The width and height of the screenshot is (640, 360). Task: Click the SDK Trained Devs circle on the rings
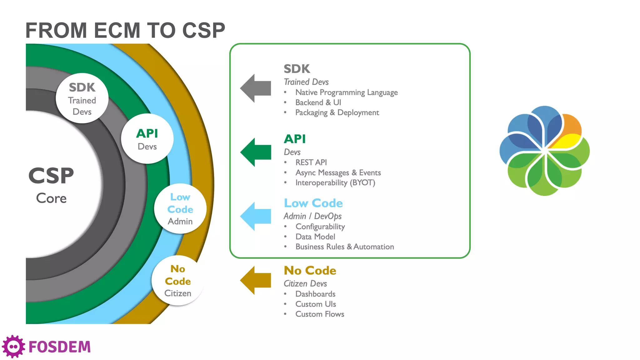coord(82,98)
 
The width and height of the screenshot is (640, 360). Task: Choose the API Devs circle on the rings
coord(147,139)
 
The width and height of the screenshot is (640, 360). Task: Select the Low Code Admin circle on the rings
coord(180,209)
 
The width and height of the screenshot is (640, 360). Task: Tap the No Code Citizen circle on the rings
coord(178,281)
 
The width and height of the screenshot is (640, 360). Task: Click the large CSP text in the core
coord(51,176)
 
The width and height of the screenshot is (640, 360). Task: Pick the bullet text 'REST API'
coord(311,162)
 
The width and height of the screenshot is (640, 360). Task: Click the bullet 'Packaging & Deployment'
coord(337,112)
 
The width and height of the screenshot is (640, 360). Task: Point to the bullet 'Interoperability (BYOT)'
coord(335,183)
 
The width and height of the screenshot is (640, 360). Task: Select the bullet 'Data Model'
coord(315,237)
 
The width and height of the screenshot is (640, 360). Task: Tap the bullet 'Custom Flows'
coord(319,314)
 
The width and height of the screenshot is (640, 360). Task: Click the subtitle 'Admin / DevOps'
coord(312,216)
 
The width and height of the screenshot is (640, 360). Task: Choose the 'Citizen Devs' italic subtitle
coord(305,283)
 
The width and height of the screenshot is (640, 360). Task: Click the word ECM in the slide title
coord(117,31)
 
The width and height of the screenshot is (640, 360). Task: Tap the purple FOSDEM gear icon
coord(13,347)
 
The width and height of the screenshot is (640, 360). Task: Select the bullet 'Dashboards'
coord(315,294)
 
